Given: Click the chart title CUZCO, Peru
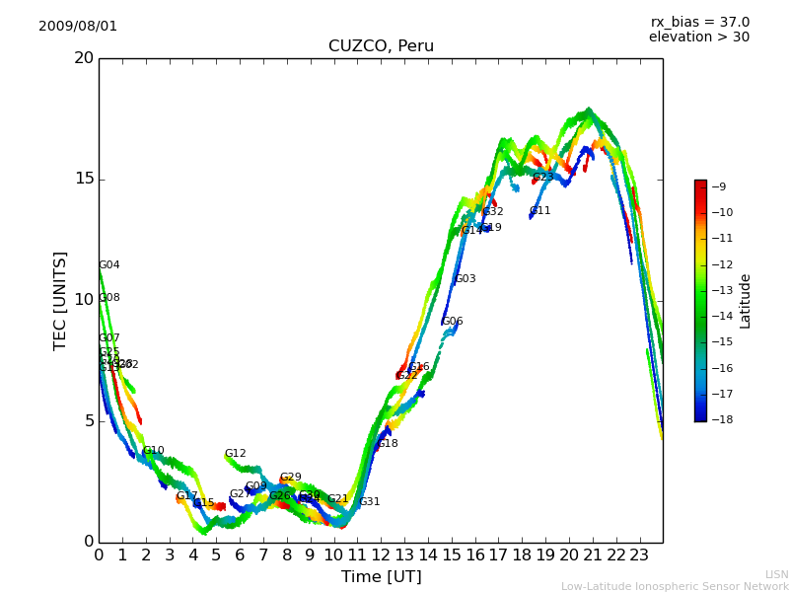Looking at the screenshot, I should (x=381, y=46).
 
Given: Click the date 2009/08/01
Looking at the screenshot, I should (x=78, y=26).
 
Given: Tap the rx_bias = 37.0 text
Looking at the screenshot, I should (x=699, y=22).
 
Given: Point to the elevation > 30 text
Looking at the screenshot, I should (x=698, y=37).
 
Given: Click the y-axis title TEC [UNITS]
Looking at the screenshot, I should (x=61, y=300).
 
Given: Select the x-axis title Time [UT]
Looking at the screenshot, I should (x=381, y=576).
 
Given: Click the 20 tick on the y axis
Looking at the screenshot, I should (x=84, y=58).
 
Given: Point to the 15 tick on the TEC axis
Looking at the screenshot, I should (x=84, y=179).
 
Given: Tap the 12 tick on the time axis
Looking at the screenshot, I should (x=381, y=555).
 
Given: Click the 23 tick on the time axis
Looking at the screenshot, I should (x=639, y=555).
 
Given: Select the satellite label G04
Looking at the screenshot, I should (x=109, y=265).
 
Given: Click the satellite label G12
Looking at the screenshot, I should (x=236, y=454).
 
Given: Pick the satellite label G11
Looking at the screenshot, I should (x=540, y=211).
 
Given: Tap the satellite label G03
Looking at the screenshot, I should (x=466, y=279).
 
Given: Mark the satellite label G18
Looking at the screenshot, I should (x=388, y=444).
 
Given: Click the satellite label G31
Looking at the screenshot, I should (x=370, y=502).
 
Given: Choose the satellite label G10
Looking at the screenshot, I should (x=154, y=451).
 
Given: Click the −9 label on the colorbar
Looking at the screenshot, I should (x=720, y=186).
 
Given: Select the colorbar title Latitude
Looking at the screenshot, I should (x=746, y=301).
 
